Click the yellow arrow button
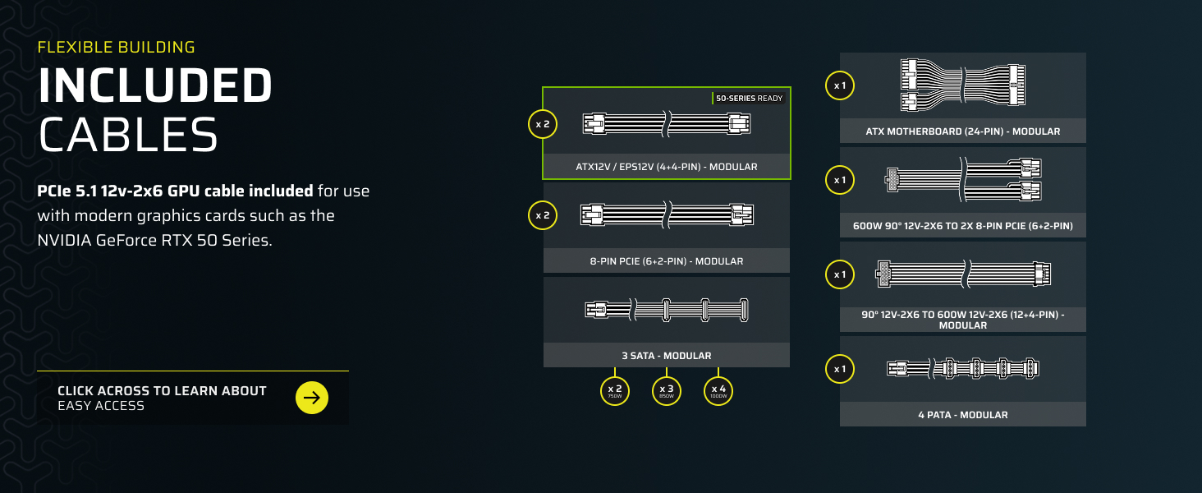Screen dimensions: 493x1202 point(311,398)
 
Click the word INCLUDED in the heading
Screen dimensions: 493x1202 point(155,85)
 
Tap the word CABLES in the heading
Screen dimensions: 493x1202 point(128,134)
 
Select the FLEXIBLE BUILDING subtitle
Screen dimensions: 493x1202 point(116,47)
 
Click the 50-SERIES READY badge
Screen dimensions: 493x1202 point(749,98)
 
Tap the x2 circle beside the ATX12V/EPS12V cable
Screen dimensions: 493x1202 point(543,124)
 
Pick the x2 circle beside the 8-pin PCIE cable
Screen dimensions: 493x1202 point(543,215)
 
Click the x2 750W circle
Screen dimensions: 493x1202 point(614,390)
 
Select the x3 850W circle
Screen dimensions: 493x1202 point(667,390)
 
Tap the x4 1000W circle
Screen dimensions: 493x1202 point(718,390)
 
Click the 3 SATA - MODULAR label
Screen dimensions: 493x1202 point(666,356)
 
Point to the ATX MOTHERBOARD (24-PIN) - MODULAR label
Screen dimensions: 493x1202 point(962,131)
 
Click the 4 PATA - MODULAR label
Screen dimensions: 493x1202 point(962,415)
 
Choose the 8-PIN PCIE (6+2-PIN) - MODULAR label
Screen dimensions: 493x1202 point(666,261)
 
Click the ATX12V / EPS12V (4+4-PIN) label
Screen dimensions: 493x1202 point(666,167)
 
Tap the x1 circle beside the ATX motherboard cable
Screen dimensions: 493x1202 point(839,85)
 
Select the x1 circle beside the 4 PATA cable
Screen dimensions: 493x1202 point(839,369)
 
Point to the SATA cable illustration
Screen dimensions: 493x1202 point(666,310)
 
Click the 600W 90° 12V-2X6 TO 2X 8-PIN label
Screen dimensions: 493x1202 point(962,225)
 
